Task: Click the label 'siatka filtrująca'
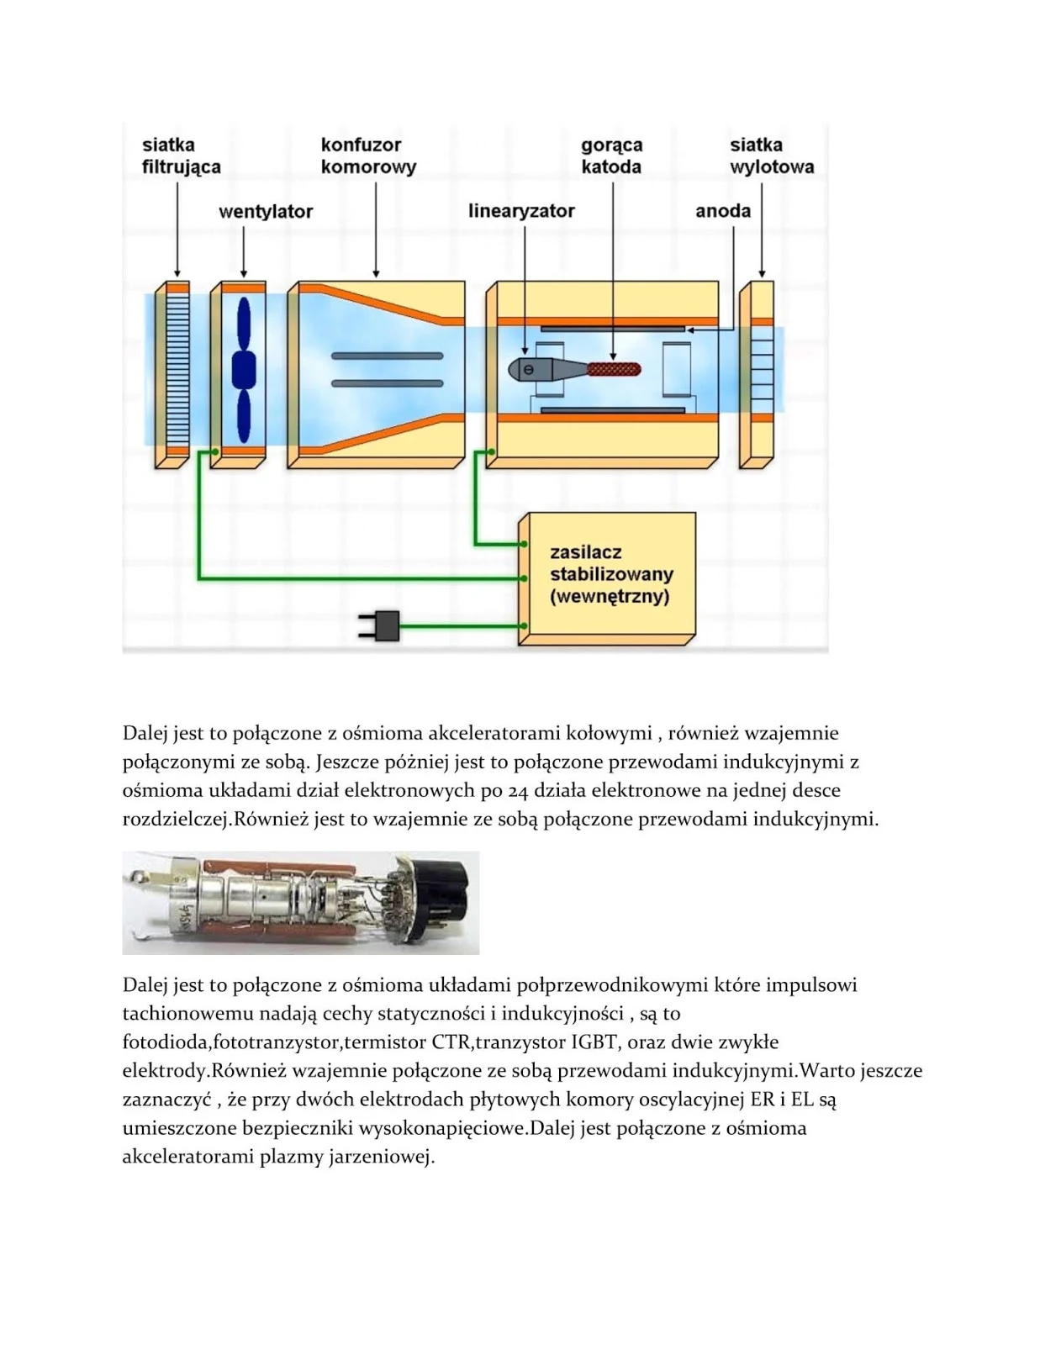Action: point(181,156)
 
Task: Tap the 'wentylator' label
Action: point(265,211)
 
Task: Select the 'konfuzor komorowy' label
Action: point(368,156)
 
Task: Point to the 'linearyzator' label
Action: point(521,211)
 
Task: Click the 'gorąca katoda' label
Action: point(611,156)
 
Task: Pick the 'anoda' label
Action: point(722,211)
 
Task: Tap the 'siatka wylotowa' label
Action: point(771,156)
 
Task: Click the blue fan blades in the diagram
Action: point(243,370)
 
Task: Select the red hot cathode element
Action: point(614,368)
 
